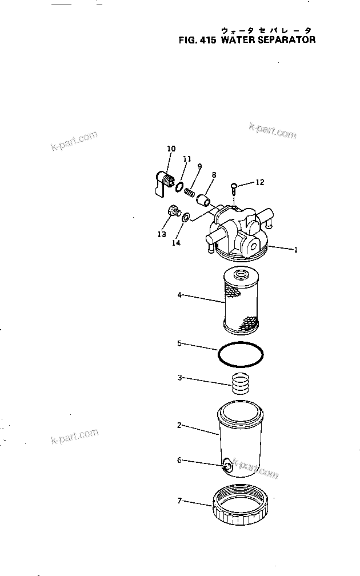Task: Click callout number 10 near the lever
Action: coord(171,149)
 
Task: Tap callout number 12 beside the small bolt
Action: coord(260,182)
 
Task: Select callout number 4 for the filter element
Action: coord(179,295)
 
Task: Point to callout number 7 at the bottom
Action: coord(179,501)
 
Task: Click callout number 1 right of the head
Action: coord(295,249)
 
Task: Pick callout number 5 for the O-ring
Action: coord(179,343)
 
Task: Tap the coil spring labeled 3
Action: coord(241,382)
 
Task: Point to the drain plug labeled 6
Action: coord(227,466)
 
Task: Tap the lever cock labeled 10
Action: coord(165,182)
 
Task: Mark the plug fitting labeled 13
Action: coord(172,213)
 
